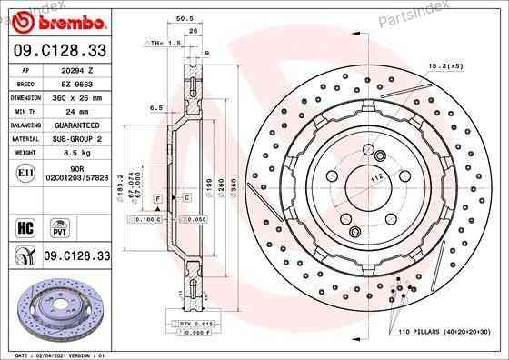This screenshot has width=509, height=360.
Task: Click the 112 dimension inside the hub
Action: coord(346,178)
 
